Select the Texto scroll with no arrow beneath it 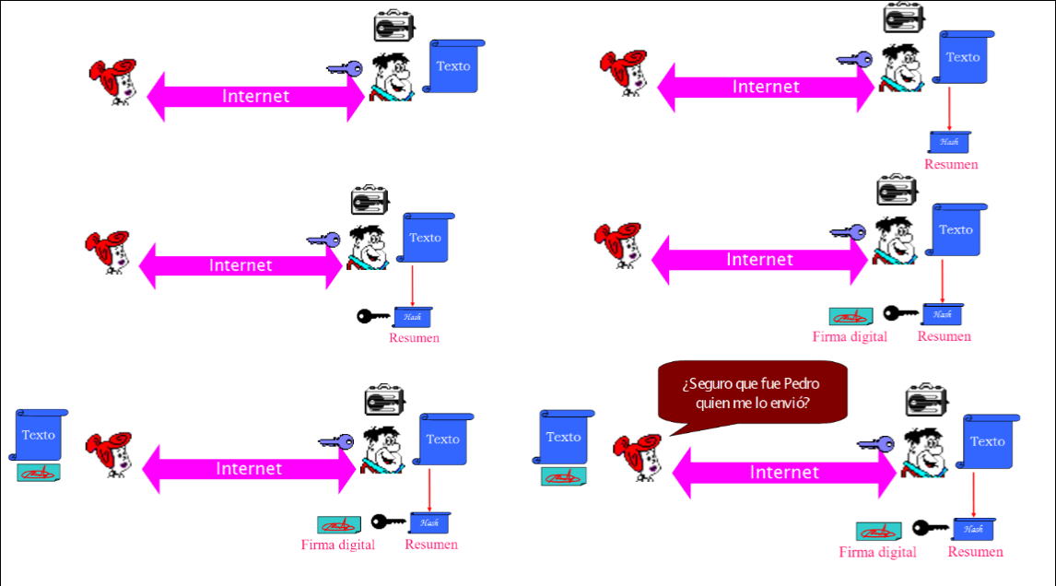point(454,66)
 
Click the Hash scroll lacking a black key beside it point(949,142)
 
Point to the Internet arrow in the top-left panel point(255,96)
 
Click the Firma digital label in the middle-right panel point(850,336)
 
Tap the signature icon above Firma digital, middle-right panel point(851,316)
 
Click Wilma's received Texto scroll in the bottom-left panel point(39,435)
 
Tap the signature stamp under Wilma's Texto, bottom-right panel point(563,476)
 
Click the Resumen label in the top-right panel point(951,165)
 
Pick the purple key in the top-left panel point(346,69)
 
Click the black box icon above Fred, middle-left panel point(369,200)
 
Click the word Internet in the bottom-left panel point(249,468)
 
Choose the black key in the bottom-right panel point(930,528)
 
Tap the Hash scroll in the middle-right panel point(942,314)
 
